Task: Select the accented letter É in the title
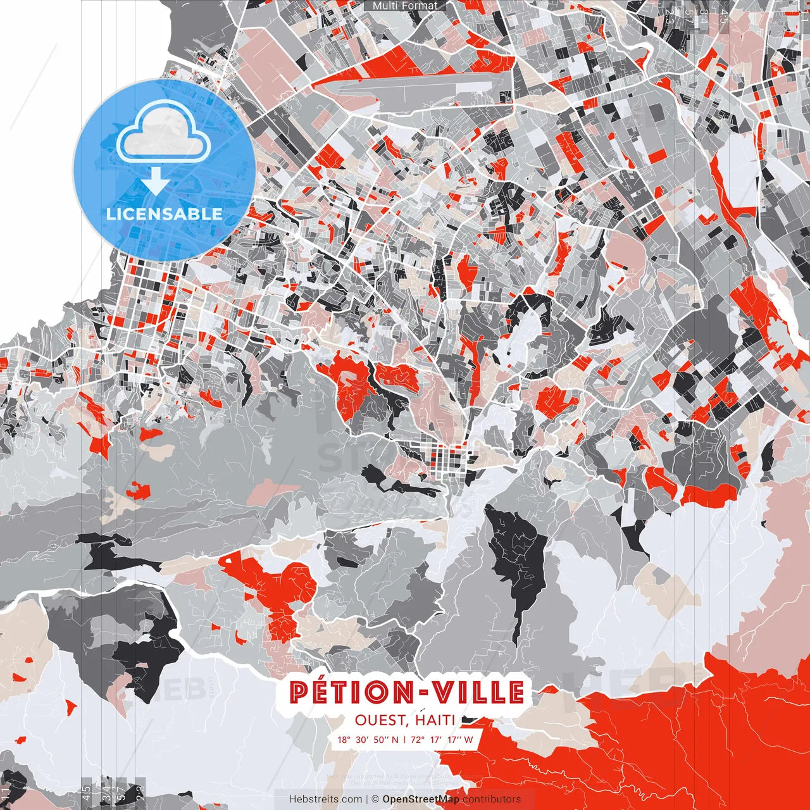[319, 692]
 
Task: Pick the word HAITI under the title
[436, 720]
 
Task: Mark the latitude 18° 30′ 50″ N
[368, 739]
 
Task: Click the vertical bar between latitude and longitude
[404, 739]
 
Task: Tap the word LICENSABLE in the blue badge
[165, 214]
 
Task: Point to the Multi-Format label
[405, 6]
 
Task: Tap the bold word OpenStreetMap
[421, 799]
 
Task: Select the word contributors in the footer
[492, 799]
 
